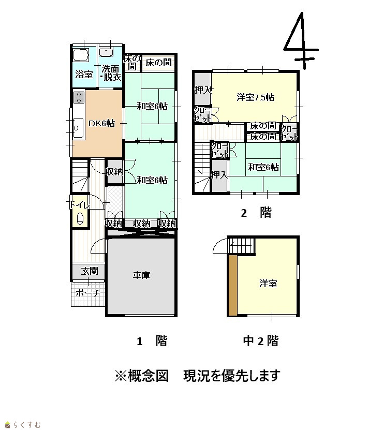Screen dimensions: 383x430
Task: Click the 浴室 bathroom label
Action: click(x=84, y=75)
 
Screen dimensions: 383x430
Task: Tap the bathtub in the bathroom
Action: click(x=81, y=55)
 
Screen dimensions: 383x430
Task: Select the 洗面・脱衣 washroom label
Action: click(x=111, y=73)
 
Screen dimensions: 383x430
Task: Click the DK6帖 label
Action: click(x=101, y=123)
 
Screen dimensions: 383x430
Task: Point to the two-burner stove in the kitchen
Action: click(x=79, y=97)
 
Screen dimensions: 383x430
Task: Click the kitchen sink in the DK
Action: click(x=78, y=128)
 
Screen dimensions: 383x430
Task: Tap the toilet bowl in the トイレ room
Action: click(x=80, y=218)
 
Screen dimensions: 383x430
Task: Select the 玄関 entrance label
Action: click(x=90, y=271)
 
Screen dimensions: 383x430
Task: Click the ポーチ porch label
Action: click(x=88, y=293)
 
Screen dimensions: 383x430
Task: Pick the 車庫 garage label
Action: click(x=141, y=275)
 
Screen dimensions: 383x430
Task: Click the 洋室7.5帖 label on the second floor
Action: click(x=256, y=97)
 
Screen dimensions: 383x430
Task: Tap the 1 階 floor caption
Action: click(x=152, y=341)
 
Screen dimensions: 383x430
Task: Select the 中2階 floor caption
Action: click(x=261, y=341)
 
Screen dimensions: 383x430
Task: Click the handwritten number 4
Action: click(x=301, y=40)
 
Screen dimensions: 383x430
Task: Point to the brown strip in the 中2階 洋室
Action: click(x=233, y=285)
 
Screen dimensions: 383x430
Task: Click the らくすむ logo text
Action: click(x=27, y=425)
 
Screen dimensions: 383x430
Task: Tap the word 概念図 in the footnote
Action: click(x=148, y=376)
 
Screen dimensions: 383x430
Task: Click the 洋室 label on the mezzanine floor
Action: click(x=268, y=283)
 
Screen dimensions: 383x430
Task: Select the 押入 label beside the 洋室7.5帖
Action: click(x=203, y=90)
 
